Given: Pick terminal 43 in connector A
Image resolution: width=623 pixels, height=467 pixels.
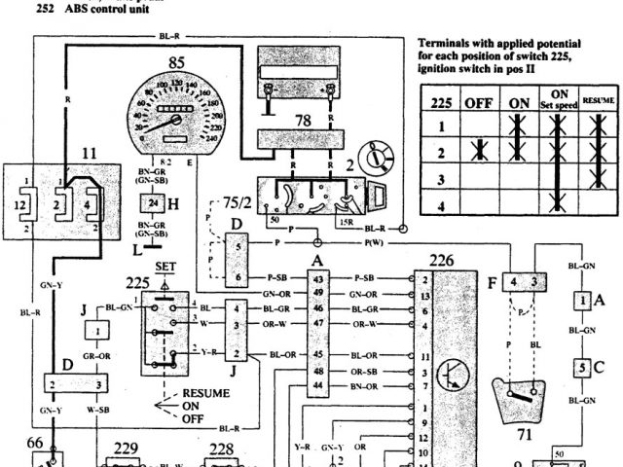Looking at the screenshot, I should [318, 279].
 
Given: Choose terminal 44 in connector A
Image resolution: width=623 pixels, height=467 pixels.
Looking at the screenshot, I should [318, 386].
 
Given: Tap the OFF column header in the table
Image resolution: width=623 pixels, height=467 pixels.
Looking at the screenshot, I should [477, 102].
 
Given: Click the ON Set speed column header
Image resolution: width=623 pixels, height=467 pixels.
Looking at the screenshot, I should [558, 98].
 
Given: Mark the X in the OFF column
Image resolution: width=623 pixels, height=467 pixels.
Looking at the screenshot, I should [477, 152].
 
